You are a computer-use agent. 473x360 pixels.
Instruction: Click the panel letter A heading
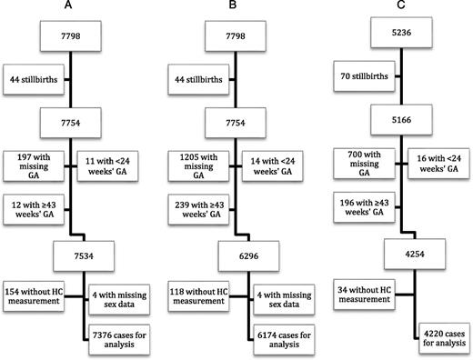(x=68, y=7)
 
